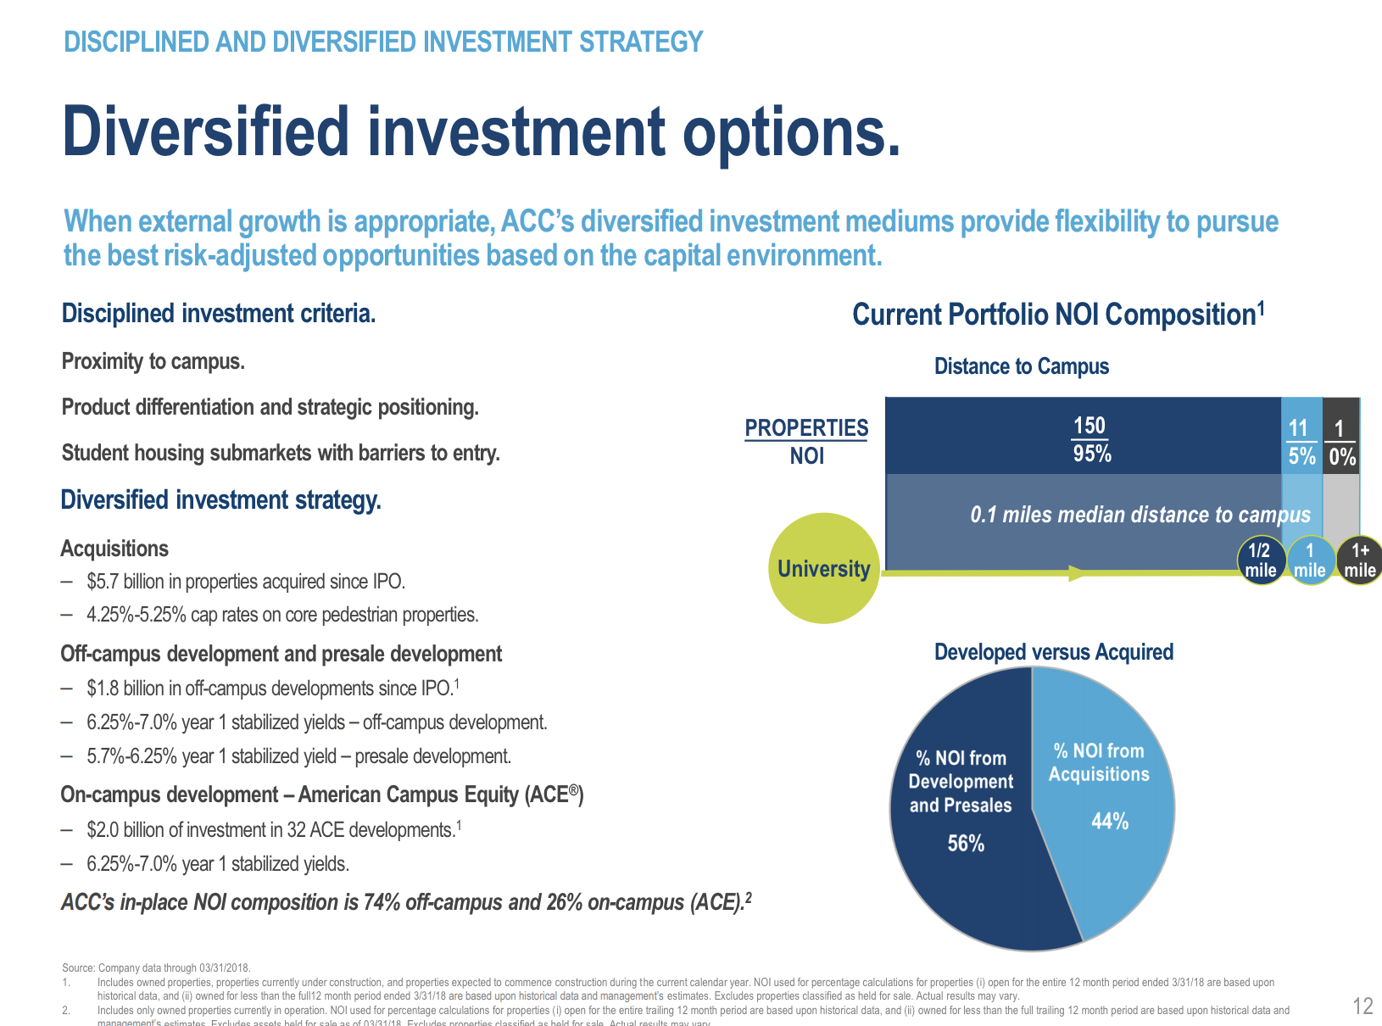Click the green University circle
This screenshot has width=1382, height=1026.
pyautogui.click(x=823, y=568)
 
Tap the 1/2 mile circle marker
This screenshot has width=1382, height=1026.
pyautogui.click(x=1260, y=560)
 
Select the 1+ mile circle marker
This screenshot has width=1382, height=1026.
pyautogui.click(x=1360, y=560)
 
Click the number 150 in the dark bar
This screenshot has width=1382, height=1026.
pyautogui.click(x=1089, y=426)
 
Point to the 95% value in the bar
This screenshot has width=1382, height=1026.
pyautogui.click(x=1092, y=454)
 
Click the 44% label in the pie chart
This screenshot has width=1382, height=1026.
pyautogui.click(x=1110, y=821)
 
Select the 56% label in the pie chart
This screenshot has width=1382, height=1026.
pyautogui.click(x=966, y=843)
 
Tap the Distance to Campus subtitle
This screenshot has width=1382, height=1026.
pyautogui.click(x=1021, y=366)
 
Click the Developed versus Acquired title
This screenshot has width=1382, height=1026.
pyautogui.click(x=1053, y=652)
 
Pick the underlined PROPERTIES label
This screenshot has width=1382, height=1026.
pyautogui.click(x=806, y=428)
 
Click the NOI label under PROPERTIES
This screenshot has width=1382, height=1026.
pyautogui.click(x=806, y=456)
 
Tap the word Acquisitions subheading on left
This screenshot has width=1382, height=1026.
pyautogui.click(x=114, y=549)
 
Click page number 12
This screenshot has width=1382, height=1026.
pyautogui.click(x=1362, y=1006)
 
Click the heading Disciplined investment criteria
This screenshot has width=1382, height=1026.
pyautogui.click(x=218, y=314)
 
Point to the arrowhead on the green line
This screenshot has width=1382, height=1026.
pyautogui.click(x=1077, y=573)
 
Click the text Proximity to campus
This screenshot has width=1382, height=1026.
pyautogui.click(x=153, y=361)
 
